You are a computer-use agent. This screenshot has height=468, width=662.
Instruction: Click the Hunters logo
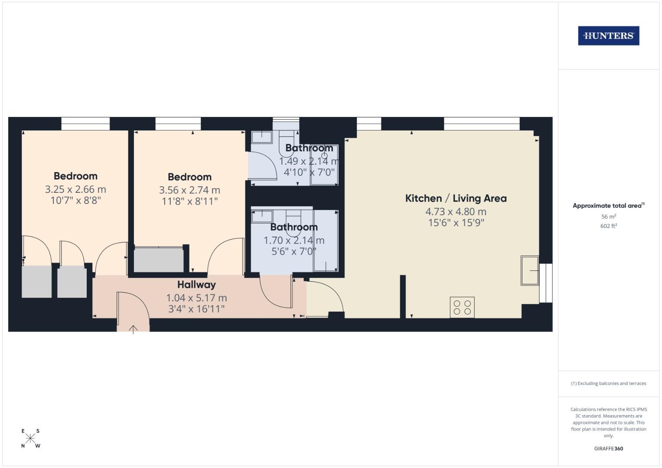[x=608, y=36]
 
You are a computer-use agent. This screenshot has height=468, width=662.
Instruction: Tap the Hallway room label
[x=196, y=285]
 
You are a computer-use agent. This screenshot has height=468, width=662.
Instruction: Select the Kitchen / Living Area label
[x=456, y=198]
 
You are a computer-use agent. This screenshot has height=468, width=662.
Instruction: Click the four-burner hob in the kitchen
[x=462, y=307]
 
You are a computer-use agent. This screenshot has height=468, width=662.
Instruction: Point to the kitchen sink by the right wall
[x=530, y=271]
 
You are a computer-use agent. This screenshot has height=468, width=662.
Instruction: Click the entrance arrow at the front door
[x=133, y=330]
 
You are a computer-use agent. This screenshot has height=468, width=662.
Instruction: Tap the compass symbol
[x=30, y=438]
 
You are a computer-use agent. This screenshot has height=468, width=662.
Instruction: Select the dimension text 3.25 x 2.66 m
[x=75, y=189]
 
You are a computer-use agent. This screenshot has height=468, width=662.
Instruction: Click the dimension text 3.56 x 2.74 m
[x=189, y=190]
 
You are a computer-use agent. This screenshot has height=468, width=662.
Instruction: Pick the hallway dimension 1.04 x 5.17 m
[x=196, y=298]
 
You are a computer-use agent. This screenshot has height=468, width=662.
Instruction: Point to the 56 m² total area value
[x=609, y=217]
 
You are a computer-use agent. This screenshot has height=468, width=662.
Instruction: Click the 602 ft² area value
[x=609, y=226]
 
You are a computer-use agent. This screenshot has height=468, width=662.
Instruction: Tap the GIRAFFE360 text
[x=609, y=448]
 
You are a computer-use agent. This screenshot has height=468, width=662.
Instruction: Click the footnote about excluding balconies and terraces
[x=609, y=383]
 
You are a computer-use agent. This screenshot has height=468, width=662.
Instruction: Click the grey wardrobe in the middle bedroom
[x=159, y=260]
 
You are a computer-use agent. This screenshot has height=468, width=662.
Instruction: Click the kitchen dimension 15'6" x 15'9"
[x=456, y=223]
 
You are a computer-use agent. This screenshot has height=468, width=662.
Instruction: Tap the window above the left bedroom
[x=85, y=124]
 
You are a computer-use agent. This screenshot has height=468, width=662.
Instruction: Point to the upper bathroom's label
[x=309, y=148]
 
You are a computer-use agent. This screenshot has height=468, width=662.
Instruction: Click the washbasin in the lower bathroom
[x=262, y=216]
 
